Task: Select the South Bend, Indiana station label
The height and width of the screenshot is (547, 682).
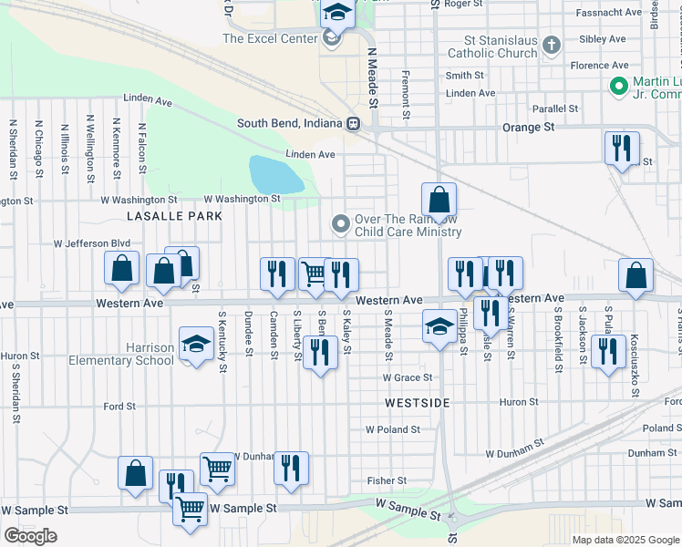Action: tap(290, 124)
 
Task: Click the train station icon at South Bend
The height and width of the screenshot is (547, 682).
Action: tap(351, 124)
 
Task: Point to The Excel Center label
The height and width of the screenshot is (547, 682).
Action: tap(270, 38)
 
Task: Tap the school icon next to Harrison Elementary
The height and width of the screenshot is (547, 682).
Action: tap(195, 344)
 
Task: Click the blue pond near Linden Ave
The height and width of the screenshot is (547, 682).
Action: tap(275, 173)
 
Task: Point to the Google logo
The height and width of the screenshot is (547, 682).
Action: tap(30, 536)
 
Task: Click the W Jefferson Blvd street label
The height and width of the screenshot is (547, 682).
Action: tap(92, 244)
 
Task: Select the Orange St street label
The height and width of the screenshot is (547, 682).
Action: tap(528, 128)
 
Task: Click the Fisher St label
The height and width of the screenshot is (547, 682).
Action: tap(387, 480)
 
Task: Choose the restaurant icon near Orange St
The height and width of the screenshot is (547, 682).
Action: tap(622, 147)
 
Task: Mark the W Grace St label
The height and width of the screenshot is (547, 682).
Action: tap(407, 377)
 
